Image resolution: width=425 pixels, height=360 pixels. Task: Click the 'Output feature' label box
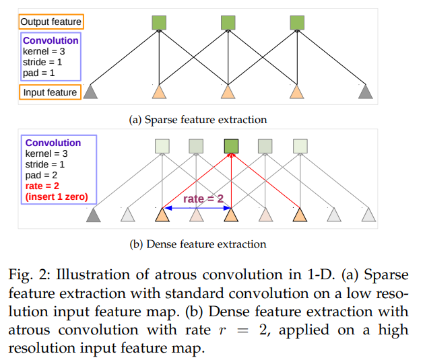coord(51,22)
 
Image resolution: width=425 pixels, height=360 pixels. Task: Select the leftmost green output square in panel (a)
coord(160,23)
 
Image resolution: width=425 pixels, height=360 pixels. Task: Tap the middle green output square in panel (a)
coord(228,23)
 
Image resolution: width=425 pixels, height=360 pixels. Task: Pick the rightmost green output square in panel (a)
coord(297,23)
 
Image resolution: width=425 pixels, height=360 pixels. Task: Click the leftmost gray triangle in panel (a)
coord(90,92)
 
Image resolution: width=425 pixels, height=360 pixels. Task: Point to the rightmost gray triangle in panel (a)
coord(366,92)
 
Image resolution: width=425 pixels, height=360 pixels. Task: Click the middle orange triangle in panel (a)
coord(228,92)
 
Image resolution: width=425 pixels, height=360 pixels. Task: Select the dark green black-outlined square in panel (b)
coord(231,146)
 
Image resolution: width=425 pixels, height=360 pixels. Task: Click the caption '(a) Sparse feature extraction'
coord(198,120)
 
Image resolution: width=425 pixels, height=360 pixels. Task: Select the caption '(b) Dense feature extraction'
coord(198,244)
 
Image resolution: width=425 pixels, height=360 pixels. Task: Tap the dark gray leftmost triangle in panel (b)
coord(94,215)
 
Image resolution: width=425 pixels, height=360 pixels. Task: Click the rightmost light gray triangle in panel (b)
coord(368,215)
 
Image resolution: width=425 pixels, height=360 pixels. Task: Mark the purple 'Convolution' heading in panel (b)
coord(53,143)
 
